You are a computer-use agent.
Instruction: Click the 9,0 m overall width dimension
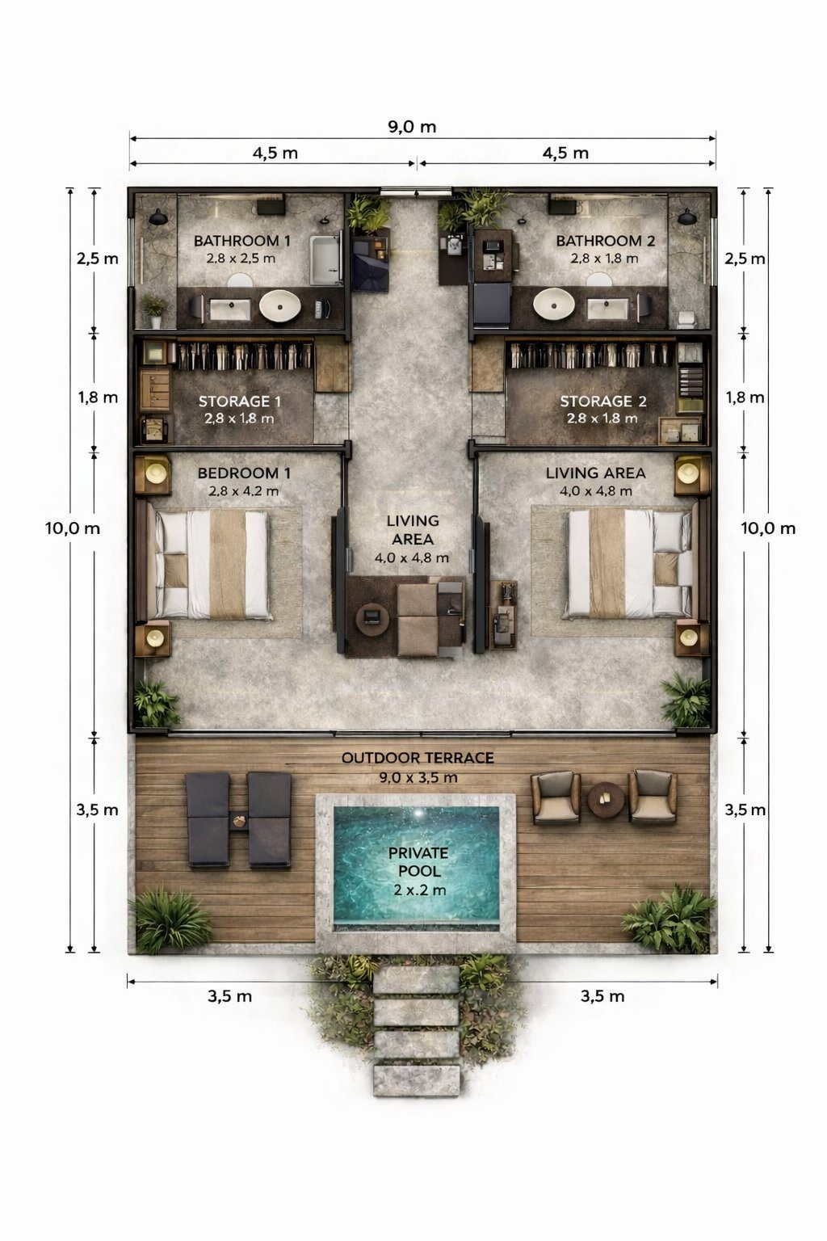[x=412, y=127]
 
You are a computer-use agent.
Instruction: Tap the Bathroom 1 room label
[x=242, y=241]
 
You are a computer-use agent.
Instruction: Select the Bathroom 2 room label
[x=606, y=241]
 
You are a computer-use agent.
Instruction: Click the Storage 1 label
[x=239, y=401]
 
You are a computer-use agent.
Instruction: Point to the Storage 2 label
[x=603, y=401]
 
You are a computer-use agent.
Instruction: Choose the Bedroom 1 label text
[x=244, y=473]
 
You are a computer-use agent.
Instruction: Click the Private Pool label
[x=418, y=862]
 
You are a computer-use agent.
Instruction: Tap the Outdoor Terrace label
[x=418, y=757]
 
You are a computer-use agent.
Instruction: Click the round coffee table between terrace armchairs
[x=606, y=799]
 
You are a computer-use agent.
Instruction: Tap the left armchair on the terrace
[x=556, y=797]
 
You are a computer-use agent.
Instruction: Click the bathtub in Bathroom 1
[x=325, y=259]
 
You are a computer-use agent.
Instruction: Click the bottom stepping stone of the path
[x=417, y=1080]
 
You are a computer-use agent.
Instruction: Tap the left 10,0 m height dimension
[x=73, y=528]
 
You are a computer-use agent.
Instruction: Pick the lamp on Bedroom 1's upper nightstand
[x=156, y=473]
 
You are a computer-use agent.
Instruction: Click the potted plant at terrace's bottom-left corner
[x=170, y=921]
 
